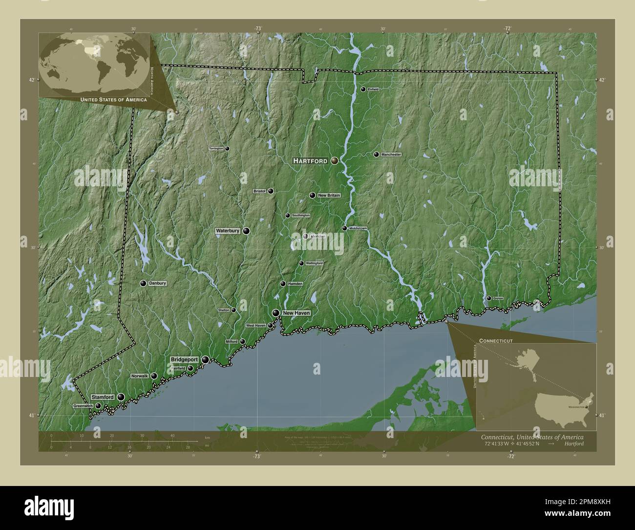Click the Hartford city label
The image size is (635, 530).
coord(310,161)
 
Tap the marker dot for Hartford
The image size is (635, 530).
coord(335,160)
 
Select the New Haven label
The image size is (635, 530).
coord(296,313)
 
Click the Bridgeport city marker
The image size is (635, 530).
coord(206,360)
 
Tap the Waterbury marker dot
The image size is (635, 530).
coord(246,231)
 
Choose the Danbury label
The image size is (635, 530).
coord(158,284)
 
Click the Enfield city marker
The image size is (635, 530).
coord(363,89)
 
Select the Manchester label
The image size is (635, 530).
coord(391,155)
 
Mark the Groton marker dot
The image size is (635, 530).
coord(488,298)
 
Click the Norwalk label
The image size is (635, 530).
coord(140,376)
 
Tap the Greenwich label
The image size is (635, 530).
coord(83,406)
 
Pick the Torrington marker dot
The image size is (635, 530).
coord(227,148)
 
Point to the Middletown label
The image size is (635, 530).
coord(358,228)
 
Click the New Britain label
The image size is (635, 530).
coord(329,196)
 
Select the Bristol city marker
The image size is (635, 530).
coord(270,191)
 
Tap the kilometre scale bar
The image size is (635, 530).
coord(125,441)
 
